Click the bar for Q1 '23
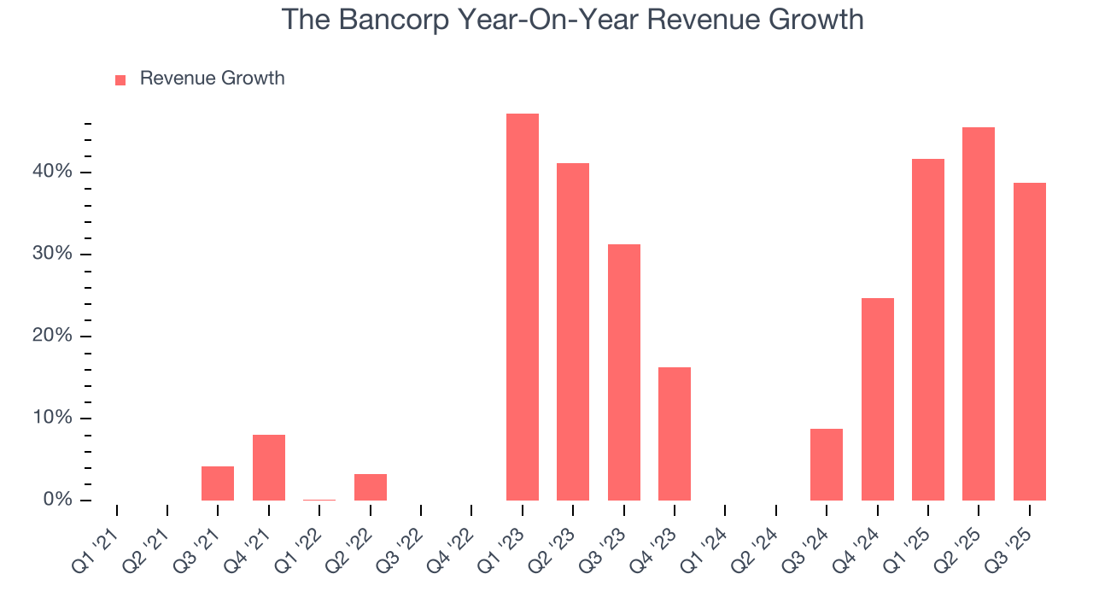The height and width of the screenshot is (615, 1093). [523, 307]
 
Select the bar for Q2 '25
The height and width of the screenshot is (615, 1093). [979, 313]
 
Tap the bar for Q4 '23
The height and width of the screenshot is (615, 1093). [675, 434]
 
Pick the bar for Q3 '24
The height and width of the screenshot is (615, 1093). [827, 465]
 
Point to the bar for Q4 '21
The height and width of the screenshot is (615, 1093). [269, 467]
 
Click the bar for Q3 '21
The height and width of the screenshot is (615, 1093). [218, 483]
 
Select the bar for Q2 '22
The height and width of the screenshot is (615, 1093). [371, 487]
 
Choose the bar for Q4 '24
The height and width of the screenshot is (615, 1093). [878, 399]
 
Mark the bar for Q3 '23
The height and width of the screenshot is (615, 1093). [624, 372]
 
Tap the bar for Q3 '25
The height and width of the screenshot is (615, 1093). [1030, 342]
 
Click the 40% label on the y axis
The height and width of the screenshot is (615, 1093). [53, 173]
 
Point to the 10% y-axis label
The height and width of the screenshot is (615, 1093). [53, 419]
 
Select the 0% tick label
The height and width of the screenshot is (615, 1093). [58, 500]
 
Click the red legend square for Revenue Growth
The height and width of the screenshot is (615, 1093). [120, 79]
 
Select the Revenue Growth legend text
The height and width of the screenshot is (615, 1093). [212, 79]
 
